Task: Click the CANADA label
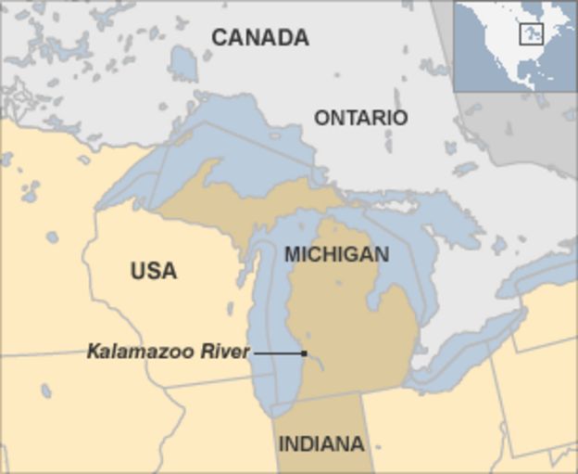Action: click(x=259, y=38)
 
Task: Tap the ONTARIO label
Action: click(x=360, y=118)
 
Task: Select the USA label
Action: click(x=153, y=271)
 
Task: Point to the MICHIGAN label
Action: click(x=336, y=254)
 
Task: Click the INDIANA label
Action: click(x=321, y=443)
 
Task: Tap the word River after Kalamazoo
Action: click(x=225, y=352)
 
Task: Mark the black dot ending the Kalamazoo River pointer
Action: click(x=304, y=353)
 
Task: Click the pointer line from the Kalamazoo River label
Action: click(x=278, y=353)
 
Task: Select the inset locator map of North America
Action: click(x=514, y=45)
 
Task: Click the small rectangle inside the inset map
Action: click(x=531, y=34)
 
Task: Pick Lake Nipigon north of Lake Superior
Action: click(x=182, y=61)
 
